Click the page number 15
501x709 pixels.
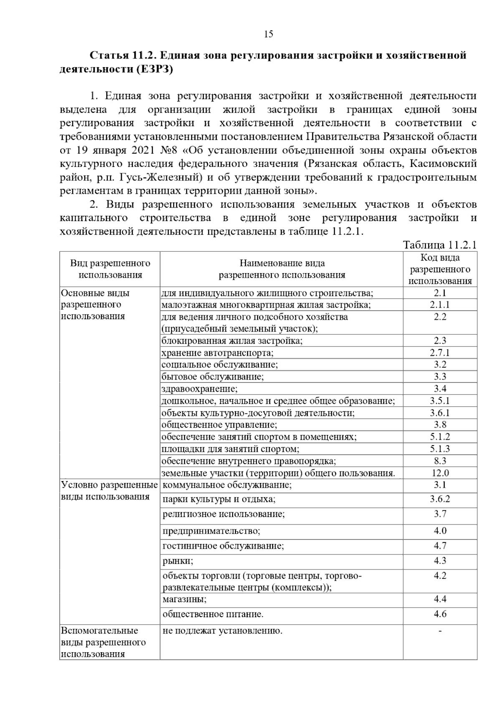coord(268,34)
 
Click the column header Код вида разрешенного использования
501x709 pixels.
coord(440,269)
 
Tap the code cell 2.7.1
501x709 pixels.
coord(440,352)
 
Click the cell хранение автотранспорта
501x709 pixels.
coord(218,353)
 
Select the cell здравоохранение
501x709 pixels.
coord(200,389)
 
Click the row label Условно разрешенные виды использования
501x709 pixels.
coord(109,491)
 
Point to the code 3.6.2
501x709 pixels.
coord(440,499)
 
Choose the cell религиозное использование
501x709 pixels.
coord(224,514)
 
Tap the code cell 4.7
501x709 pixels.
coord(440,545)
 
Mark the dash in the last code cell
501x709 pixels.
coord(440,631)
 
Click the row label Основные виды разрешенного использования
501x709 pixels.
coord(95,304)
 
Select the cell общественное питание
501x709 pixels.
coord(213,614)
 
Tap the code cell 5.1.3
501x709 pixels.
coord(440,449)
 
